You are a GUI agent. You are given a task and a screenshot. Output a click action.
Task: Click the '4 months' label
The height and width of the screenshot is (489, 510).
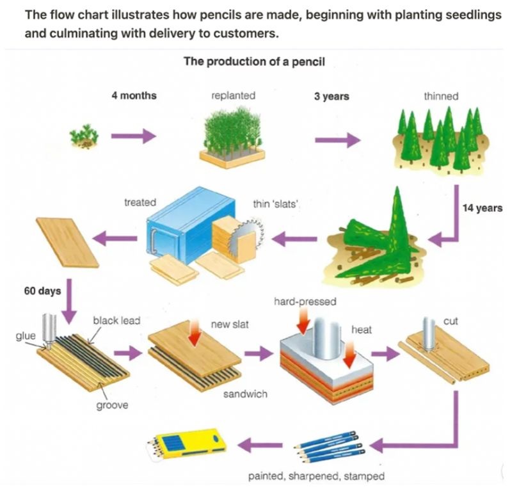coord(133,96)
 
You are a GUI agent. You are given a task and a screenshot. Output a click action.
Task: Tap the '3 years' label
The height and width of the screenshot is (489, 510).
coord(331,96)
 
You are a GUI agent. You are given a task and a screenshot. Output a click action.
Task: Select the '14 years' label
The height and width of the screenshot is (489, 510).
coord(482,208)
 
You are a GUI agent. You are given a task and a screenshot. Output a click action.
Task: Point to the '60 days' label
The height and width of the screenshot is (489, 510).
coord(43,291)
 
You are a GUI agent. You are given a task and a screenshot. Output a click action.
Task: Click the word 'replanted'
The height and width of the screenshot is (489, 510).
coord(233,96)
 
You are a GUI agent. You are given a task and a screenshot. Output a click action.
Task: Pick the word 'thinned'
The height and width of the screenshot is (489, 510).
coord(441,96)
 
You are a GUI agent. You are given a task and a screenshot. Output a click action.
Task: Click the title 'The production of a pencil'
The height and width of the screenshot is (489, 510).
coord(255,62)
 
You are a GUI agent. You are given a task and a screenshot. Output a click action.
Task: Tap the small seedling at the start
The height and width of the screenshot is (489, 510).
coord(81,137)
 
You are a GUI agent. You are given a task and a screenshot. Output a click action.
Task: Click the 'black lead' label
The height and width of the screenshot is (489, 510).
coord(116,319)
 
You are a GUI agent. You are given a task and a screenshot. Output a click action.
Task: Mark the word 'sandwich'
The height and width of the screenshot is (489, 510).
coord(245,394)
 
